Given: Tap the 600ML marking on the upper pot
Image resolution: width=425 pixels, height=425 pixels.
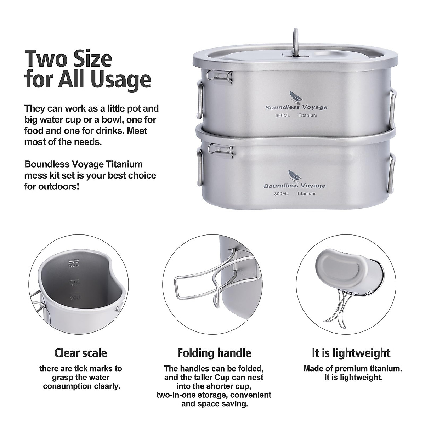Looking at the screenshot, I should click(x=282, y=115).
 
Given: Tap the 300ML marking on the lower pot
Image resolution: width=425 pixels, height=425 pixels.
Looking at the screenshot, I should click(x=281, y=193).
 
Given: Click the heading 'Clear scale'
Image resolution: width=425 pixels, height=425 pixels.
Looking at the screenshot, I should click(x=80, y=353).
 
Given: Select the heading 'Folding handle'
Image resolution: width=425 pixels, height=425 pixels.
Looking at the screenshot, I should click(x=214, y=353).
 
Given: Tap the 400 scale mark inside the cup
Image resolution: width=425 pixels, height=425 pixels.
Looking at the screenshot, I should click(x=75, y=283).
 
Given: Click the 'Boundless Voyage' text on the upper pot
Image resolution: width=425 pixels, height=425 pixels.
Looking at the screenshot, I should click(x=296, y=107).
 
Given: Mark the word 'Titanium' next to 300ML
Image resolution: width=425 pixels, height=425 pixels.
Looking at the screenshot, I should click(x=306, y=193).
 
